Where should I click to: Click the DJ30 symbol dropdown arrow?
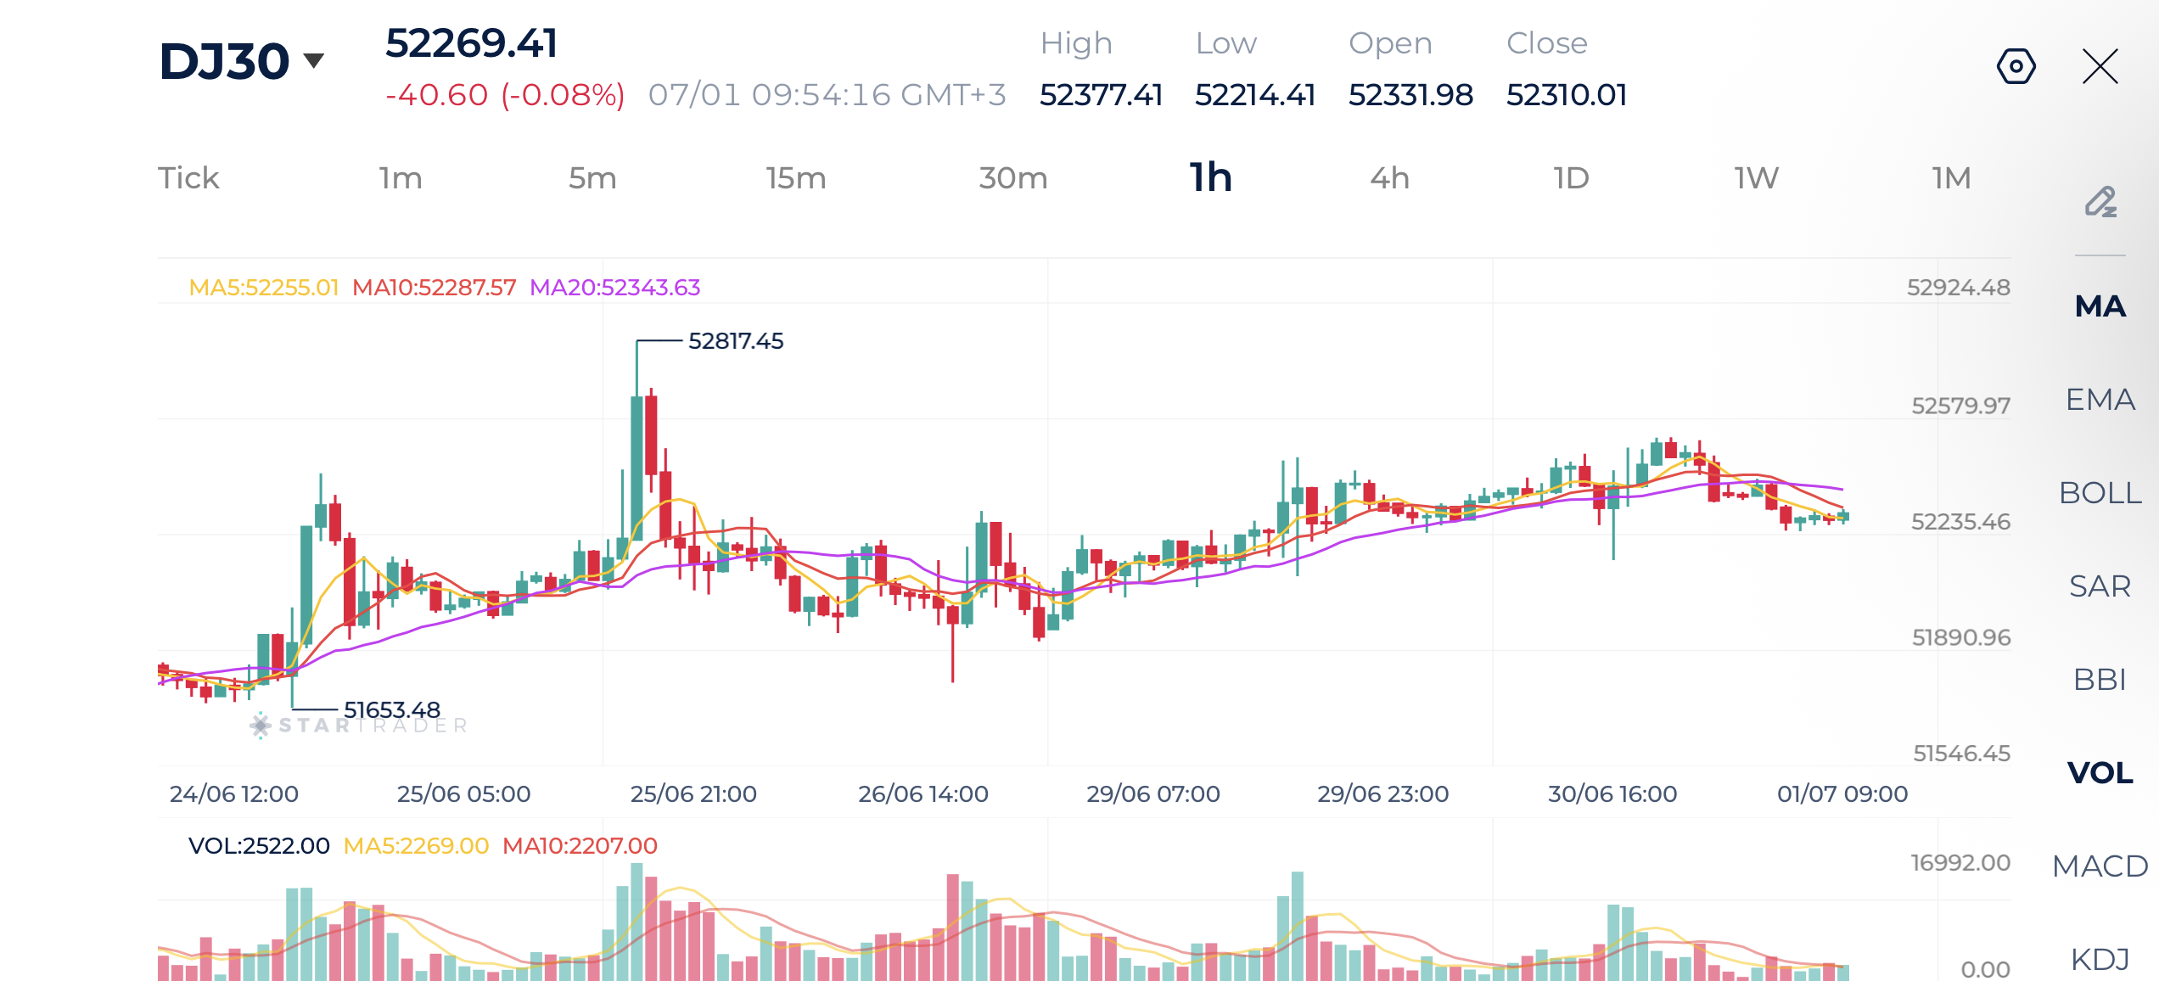tap(314, 60)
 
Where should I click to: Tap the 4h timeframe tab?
tap(1389, 178)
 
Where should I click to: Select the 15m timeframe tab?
tap(795, 178)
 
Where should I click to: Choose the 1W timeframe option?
tap(1756, 178)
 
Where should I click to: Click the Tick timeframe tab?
tap(188, 178)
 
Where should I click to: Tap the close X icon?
tap(2100, 66)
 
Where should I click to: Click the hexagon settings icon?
tap(2016, 66)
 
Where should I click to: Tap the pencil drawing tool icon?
tap(2101, 202)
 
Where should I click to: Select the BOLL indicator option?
tap(2100, 493)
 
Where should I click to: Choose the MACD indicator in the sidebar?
tap(2100, 866)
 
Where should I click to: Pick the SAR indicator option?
tap(2100, 586)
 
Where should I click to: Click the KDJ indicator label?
tap(2100, 960)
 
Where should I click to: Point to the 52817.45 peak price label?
tap(736, 341)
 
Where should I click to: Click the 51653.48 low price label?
tap(392, 709)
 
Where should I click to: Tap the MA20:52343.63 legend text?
tap(615, 288)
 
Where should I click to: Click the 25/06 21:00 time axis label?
tap(693, 794)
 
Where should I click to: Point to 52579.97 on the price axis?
tap(1960, 406)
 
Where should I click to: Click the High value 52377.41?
tap(1101, 95)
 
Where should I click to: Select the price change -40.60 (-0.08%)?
tap(505, 95)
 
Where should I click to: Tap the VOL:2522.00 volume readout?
tap(259, 846)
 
